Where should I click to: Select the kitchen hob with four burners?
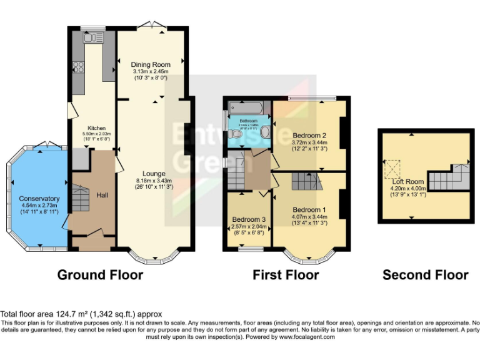[79, 66]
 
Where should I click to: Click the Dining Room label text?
[150, 65]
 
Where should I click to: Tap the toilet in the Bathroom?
[264, 132]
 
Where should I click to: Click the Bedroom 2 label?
[311, 135]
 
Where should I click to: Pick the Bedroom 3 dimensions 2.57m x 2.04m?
[248, 226]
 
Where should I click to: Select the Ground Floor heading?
[100, 274]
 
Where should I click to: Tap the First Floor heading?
[286, 274]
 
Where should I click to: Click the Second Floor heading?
[425, 274]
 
